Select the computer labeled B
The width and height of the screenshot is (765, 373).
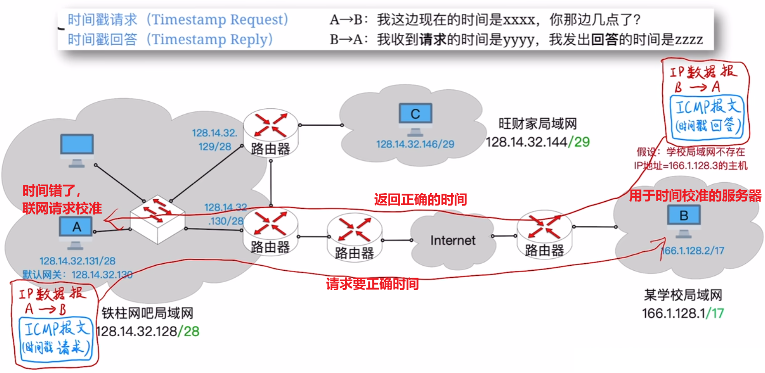coord(684,219)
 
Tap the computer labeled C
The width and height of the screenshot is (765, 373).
coord(415,118)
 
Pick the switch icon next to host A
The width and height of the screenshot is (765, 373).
coord(157,219)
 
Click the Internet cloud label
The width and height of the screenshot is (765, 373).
coord(453,240)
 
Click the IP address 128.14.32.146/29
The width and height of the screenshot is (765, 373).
coord(415,144)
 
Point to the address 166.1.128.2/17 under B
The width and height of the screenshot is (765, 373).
coord(693,251)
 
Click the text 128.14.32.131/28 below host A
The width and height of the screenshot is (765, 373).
coord(77,261)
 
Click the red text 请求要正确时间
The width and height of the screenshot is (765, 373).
coord(372,284)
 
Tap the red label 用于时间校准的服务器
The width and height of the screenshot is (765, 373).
coord(695,196)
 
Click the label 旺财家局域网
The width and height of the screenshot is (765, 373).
coord(538,124)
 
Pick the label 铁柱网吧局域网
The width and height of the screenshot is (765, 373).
coord(147,313)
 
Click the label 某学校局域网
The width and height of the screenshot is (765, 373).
coord(683,296)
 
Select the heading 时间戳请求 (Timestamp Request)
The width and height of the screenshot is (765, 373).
coord(178,20)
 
